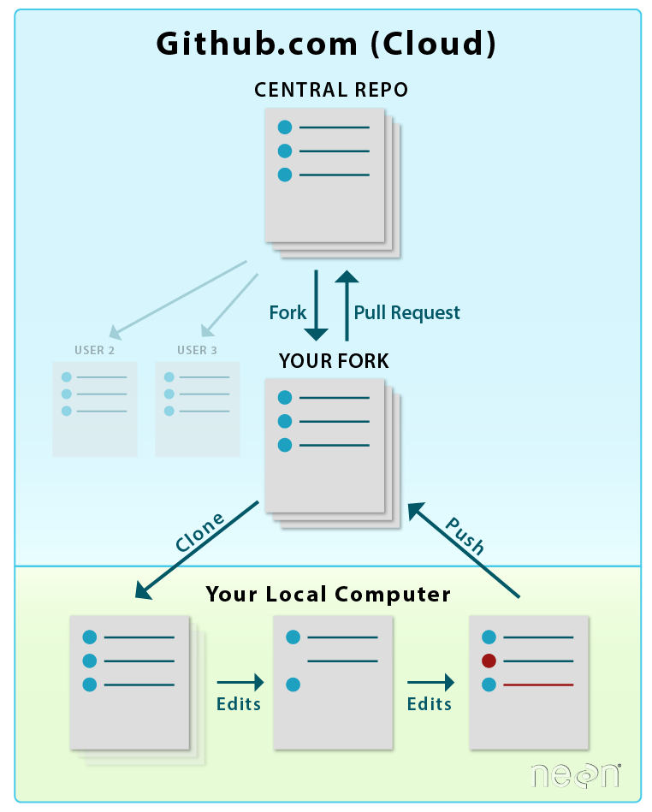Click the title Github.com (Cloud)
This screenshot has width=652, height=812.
[326, 44]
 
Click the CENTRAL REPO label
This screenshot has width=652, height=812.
[331, 90]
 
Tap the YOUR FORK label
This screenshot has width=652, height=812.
[334, 361]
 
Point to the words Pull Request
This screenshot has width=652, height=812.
[407, 313]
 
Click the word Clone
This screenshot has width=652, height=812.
[199, 531]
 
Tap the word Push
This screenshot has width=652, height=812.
[465, 536]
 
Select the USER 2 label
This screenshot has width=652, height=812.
[94, 350]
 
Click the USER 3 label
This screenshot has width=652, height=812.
[197, 350]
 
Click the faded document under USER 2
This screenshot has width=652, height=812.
[94, 408]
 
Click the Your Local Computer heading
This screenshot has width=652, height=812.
[328, 594]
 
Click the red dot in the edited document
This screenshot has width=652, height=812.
[489, 661]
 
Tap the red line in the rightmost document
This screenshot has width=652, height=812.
[538, 685]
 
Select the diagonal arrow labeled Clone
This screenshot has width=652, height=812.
[197, 550]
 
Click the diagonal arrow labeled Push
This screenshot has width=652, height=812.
[464, 549]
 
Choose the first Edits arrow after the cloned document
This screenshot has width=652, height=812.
[240, 682]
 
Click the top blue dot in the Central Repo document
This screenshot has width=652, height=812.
[285, 127]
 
